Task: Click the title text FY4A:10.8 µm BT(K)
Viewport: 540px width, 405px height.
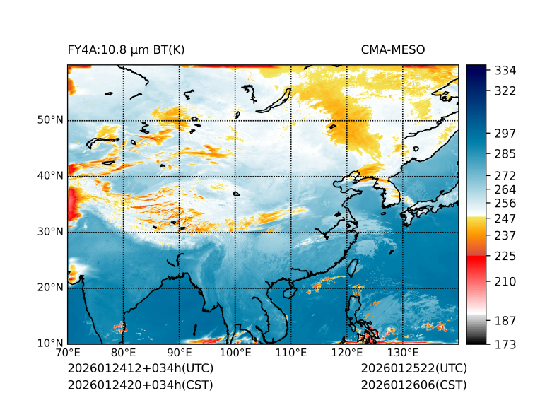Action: [x=126, y=49]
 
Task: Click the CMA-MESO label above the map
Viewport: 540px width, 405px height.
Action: [x=392, y=49]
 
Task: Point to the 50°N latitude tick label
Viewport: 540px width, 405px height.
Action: [x=50, y=120]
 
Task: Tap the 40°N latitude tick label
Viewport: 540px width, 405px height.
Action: [x=50, y=176]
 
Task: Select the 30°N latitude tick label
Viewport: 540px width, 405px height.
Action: [x=50, y=232]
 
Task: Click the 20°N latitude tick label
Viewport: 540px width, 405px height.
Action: [x=50, y=288]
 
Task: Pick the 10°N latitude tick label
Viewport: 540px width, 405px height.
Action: [x=50, y=344]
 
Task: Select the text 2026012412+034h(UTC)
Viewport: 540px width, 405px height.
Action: [x=140, y=369]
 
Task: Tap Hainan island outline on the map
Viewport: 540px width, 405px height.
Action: [x=288, y=292]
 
